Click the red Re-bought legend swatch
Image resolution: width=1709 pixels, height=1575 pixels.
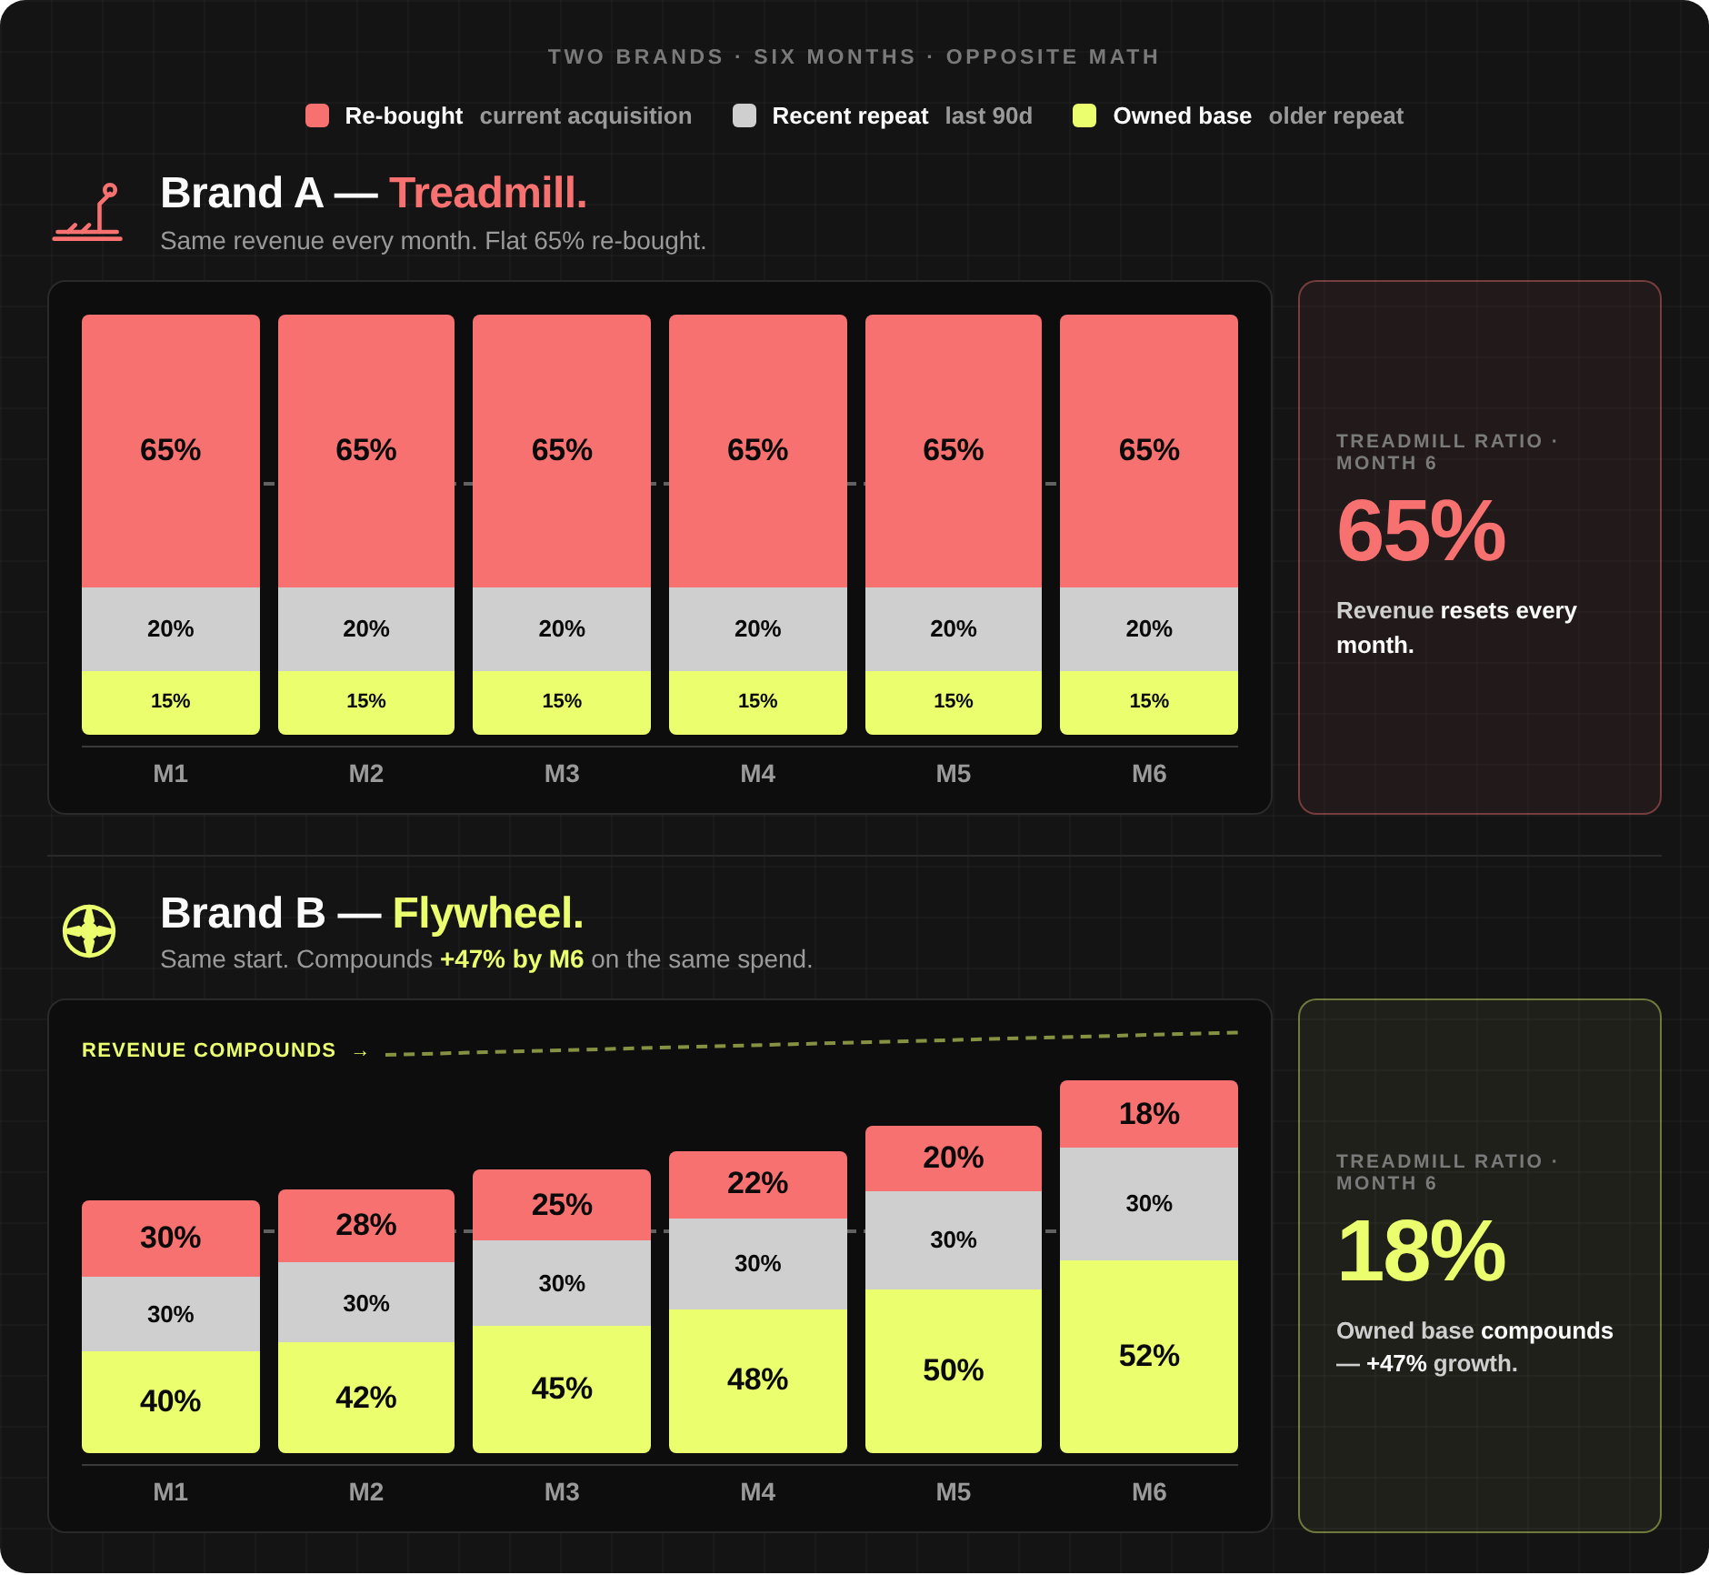pyautogui.click(x=317, y=115)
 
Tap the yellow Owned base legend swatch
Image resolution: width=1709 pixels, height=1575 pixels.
pyautogui.click(x=1084, y=115)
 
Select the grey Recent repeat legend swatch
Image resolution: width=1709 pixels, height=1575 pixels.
pyautogui.click(x=745, y=115)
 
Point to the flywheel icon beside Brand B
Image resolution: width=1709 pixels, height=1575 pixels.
pyautogui.click(x=89, y=931)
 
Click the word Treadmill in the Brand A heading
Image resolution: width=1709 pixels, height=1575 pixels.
pyautogui.click(x=488, y=193)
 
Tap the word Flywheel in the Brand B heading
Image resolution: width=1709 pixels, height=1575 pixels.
pyautogui.click(x=488, y=913)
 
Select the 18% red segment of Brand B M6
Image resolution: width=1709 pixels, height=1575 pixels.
pyautogui.click(x=1149, y=1114)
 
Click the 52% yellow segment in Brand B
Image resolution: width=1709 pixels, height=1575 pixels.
pyautogui.click(x=1149, y=1356)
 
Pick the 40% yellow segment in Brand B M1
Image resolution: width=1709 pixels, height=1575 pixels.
pyautogui.click(x=171, y=1401)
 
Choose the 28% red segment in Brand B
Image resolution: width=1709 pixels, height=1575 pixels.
pyautogui.click(x=366, y=1225)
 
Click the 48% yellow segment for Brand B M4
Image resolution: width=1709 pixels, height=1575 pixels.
pyautogui.click(x=758, y=1380)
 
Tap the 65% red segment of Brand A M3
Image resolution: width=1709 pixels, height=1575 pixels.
pyautogui.click(x=562, y=451)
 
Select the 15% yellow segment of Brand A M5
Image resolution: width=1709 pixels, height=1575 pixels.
pyautogui.click(x=954, y=702)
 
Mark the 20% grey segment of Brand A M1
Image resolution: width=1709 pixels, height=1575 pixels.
pyautogui.click(x=171, y=629)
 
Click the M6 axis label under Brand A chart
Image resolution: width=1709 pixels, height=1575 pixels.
pyautogui.click(x=1149, y=774)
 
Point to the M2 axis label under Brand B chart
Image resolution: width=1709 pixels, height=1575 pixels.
pyautogui.click(x=366, y=1492)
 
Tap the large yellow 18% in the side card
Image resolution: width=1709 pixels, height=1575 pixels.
pyautogui.click(x=1421, y=1252)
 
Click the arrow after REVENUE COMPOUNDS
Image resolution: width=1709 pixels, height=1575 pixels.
pyautogui.click(x=361, y=1052)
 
